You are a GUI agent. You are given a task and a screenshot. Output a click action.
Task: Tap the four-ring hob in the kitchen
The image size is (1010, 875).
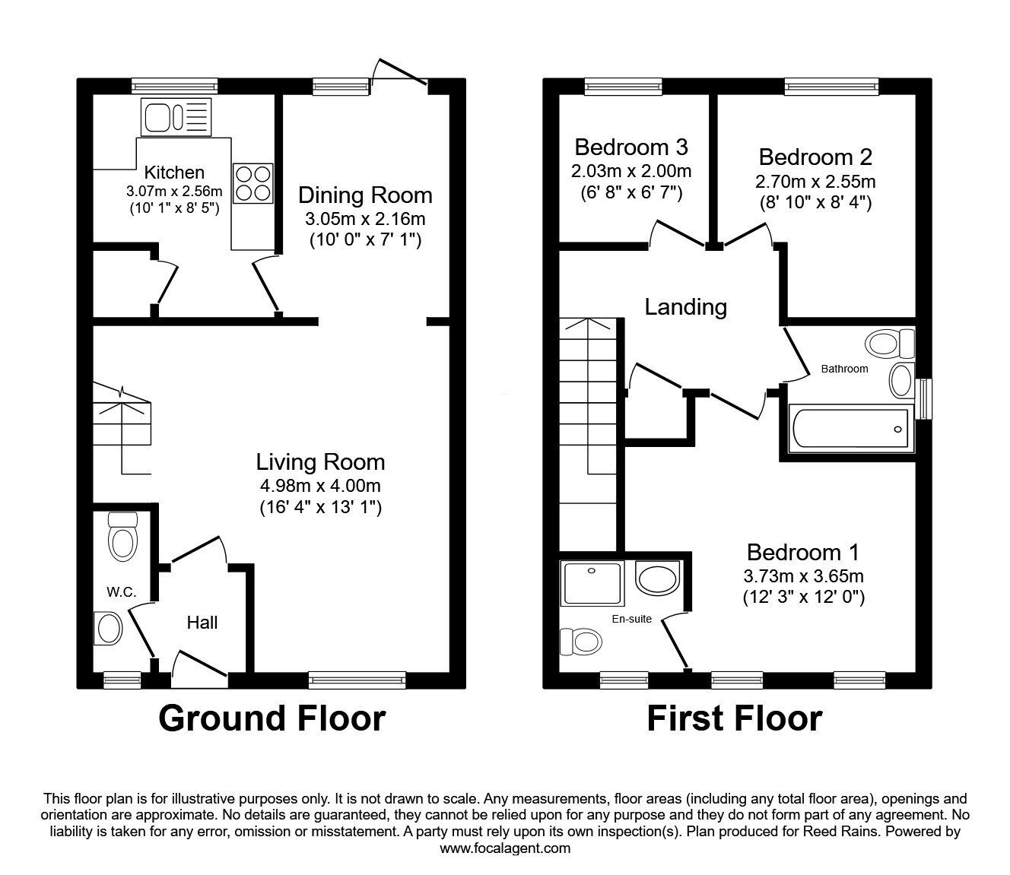tap(252, 183)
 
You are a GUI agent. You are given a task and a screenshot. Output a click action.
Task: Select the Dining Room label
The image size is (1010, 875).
tap(365, 195)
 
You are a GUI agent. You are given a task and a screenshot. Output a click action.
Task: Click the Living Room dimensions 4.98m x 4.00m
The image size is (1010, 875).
tap(319, 486)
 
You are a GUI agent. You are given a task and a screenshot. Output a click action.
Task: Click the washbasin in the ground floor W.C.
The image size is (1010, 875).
tap(108, 628)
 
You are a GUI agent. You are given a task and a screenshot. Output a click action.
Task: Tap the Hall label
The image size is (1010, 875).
tap(202, 623)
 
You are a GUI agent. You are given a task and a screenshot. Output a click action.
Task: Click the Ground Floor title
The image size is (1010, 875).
tap(272, 718)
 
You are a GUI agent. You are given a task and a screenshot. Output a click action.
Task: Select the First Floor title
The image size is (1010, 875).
tap(734, 718)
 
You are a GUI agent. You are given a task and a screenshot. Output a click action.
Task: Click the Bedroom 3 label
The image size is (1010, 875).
tap(631, 146)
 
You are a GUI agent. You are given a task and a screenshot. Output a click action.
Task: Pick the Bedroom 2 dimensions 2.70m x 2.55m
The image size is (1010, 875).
tap(815, 182)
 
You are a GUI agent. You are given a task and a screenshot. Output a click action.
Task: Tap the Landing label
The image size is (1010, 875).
tap(685, 307)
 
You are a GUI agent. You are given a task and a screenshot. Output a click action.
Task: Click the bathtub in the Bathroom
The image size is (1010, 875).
tap(850, 430)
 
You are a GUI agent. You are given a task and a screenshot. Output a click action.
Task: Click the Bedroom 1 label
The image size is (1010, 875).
tap(803, 552)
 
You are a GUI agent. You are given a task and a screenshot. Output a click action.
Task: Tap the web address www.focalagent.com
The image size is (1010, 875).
tap(505, 848)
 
